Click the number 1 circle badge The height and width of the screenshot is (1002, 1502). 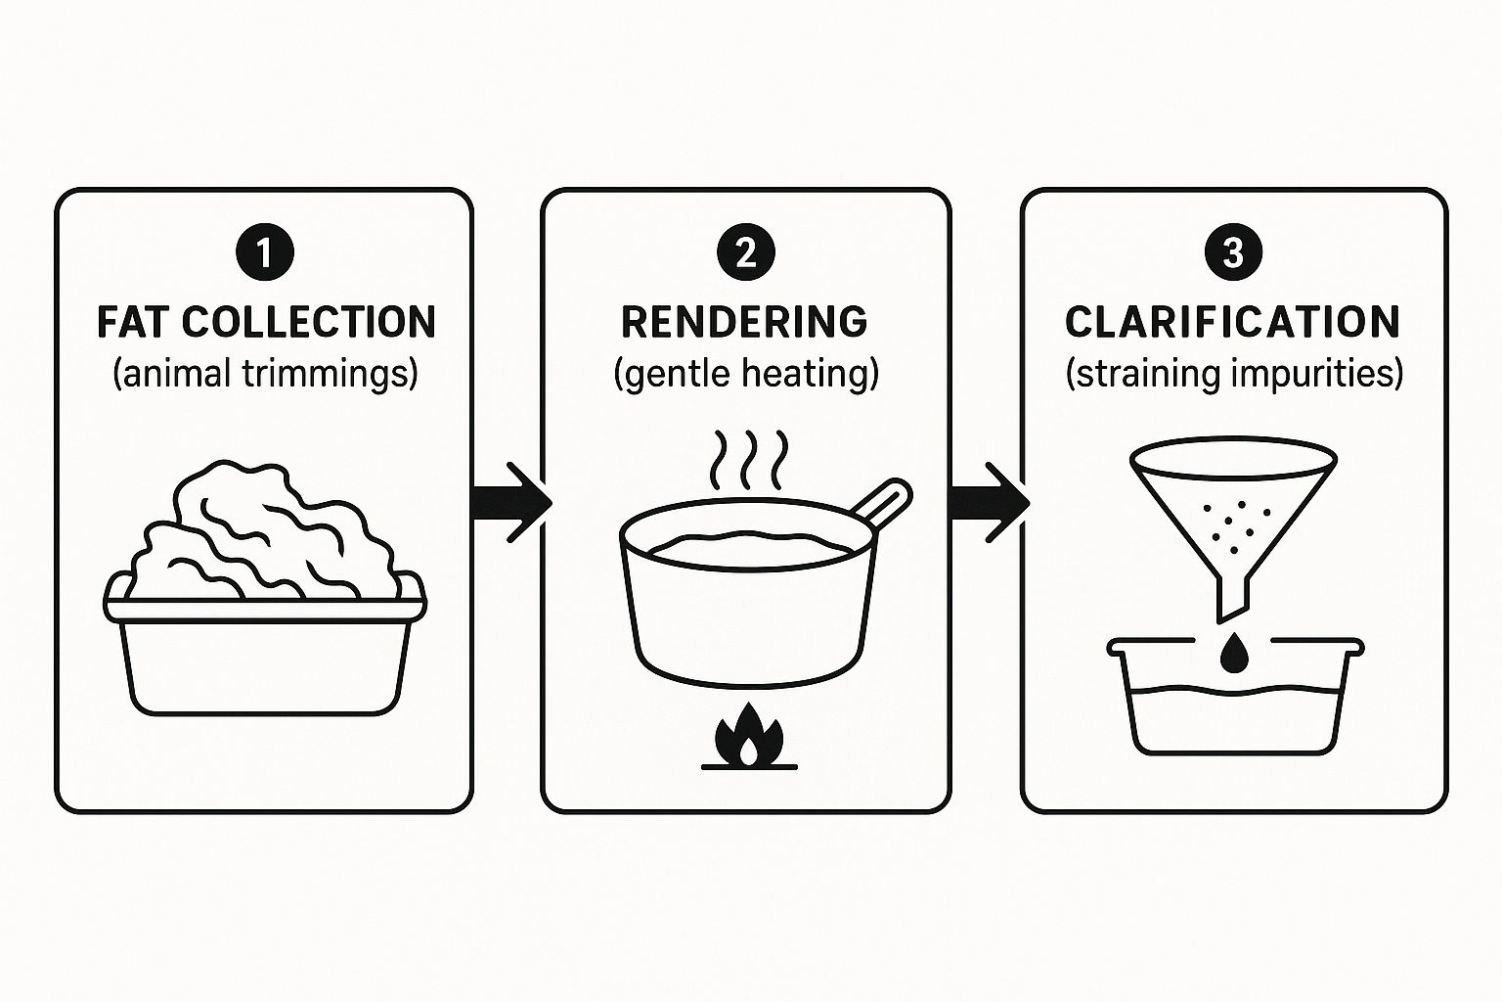click(x=265, y=252)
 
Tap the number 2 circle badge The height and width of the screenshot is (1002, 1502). click(x=745, y=252)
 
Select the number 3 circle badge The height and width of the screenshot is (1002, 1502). click(x=1233, y=252)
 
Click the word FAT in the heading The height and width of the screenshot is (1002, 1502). click(x=133, y=322)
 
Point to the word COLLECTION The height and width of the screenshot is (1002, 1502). click(x=308, y=322)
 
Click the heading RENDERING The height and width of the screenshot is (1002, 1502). click(x=744, y=322)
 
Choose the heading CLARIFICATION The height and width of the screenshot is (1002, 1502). click(x=1232, y=322)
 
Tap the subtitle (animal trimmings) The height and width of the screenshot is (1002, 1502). click(x=265, y=374)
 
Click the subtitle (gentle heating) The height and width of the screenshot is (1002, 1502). click(x=745, y=374)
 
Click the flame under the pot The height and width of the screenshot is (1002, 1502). click(x=748, y=736)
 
